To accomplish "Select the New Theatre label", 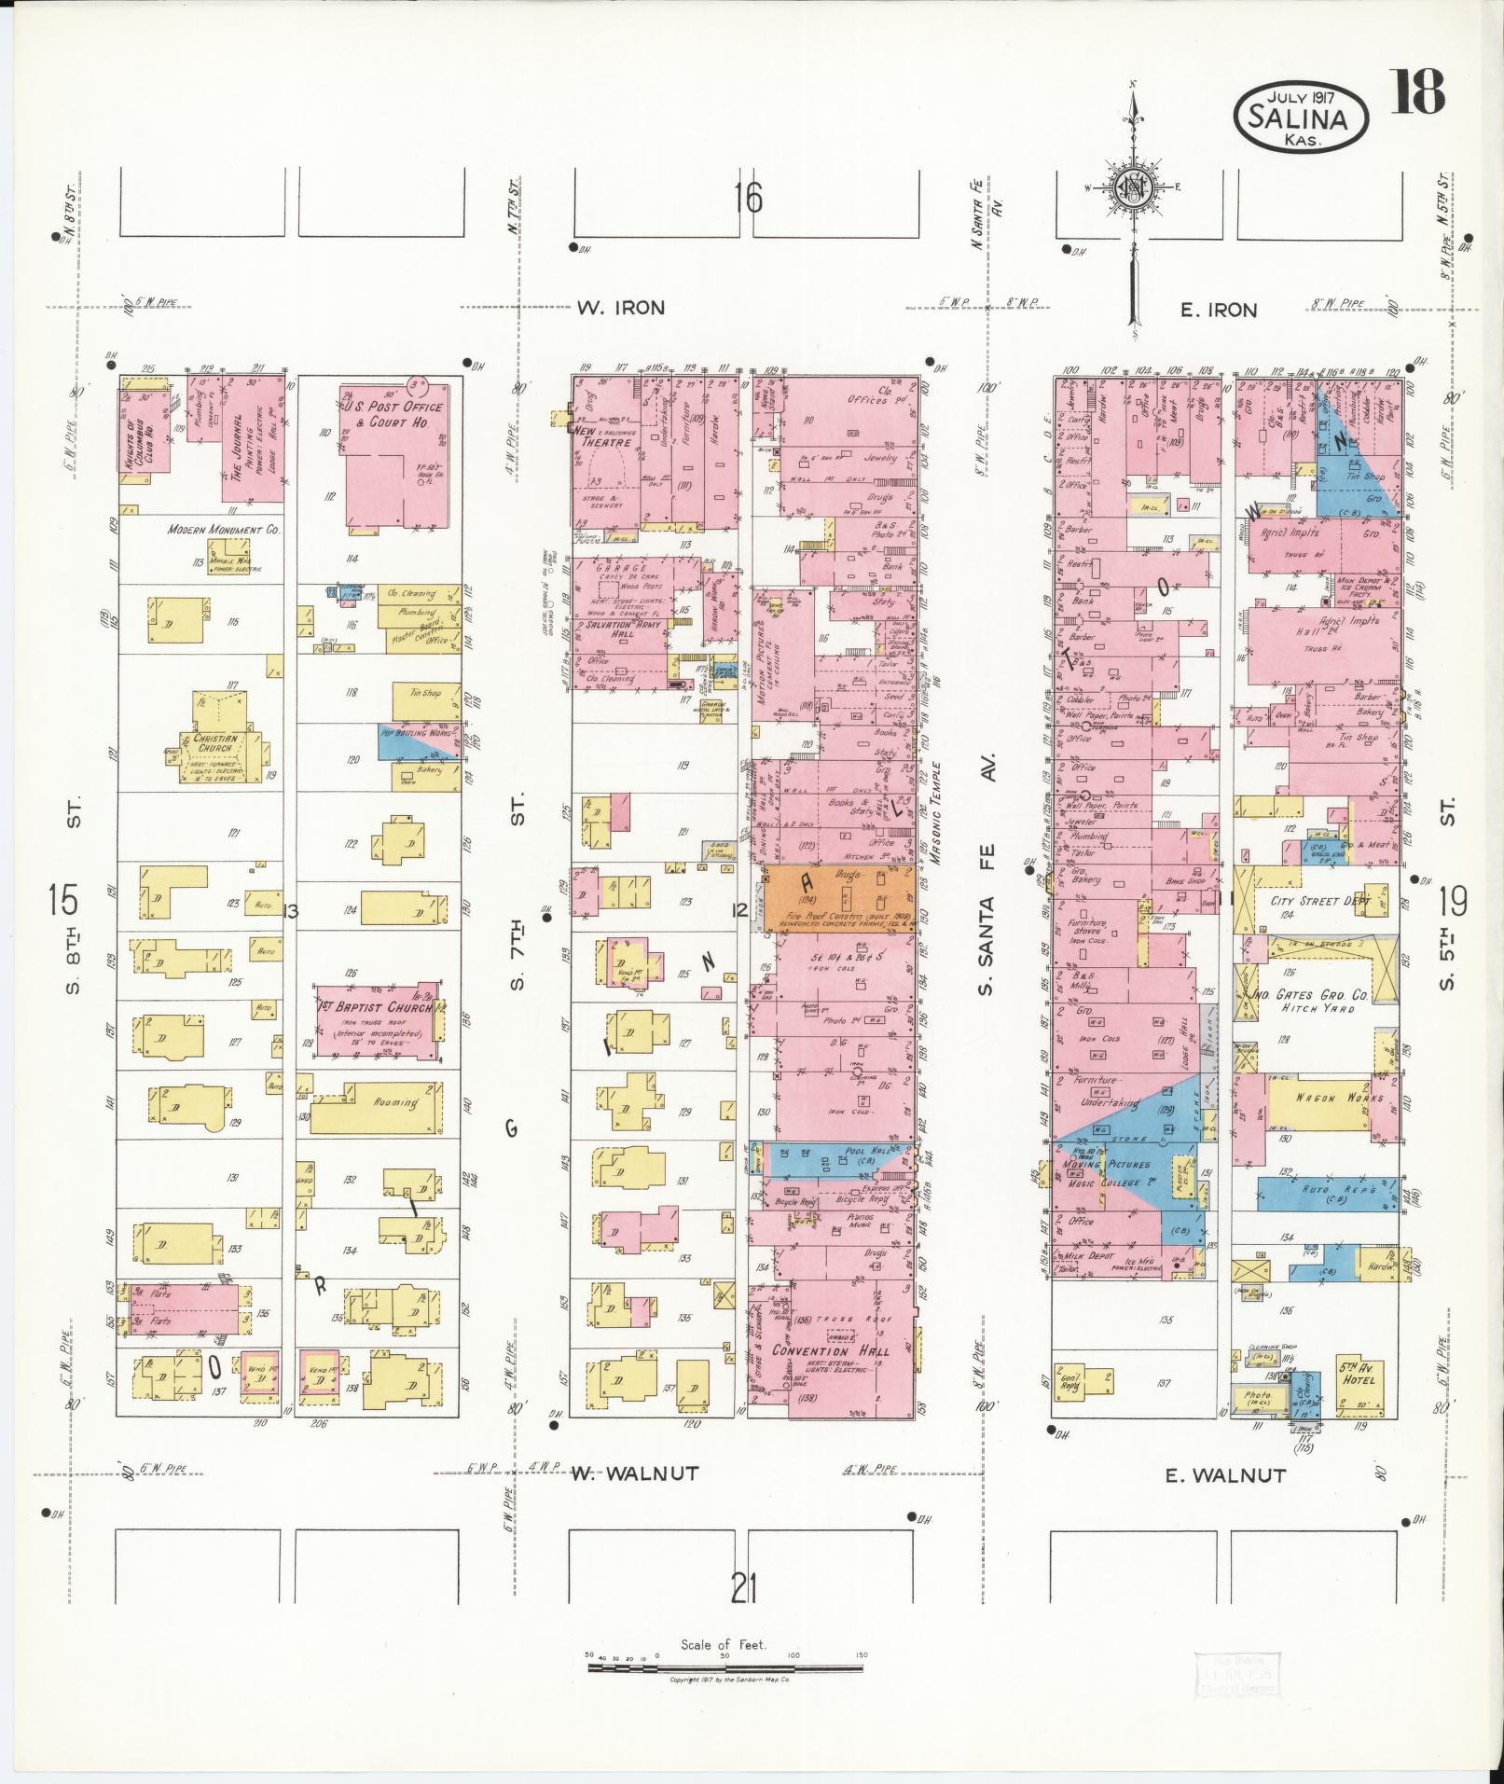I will point(601,439).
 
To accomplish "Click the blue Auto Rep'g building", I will point(1327,1193).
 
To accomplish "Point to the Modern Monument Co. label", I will point(224,529).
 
